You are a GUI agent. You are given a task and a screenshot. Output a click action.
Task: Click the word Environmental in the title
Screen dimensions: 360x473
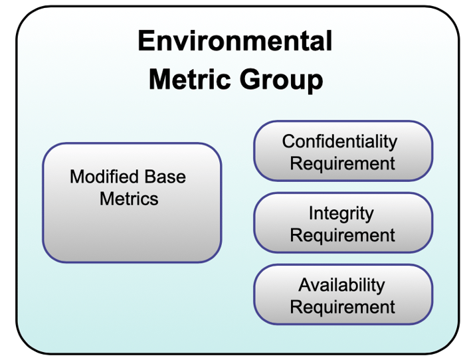point(235,41)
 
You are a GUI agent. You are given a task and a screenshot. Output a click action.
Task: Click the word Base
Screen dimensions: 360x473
point(163,177)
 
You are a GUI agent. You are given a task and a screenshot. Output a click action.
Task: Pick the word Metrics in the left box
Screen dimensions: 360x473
point(129,198)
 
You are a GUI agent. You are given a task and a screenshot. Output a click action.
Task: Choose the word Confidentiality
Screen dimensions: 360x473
point(339,141)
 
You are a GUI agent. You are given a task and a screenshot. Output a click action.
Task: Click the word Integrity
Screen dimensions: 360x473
point(341,213)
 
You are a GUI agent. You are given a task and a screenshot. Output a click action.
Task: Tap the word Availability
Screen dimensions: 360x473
point(341,285)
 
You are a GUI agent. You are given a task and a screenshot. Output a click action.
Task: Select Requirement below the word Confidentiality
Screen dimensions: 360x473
point(343,163)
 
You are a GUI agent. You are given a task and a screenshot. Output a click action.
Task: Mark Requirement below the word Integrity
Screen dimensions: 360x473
point(343,235)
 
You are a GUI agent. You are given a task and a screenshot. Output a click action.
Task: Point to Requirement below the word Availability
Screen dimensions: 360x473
point(343,307)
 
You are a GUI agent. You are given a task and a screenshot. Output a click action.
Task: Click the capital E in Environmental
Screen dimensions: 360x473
point(145,41)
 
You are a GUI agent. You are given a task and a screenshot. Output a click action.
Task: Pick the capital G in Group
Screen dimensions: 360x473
point(242,80)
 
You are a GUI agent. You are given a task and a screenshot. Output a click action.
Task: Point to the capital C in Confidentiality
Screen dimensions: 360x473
point(288,141)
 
